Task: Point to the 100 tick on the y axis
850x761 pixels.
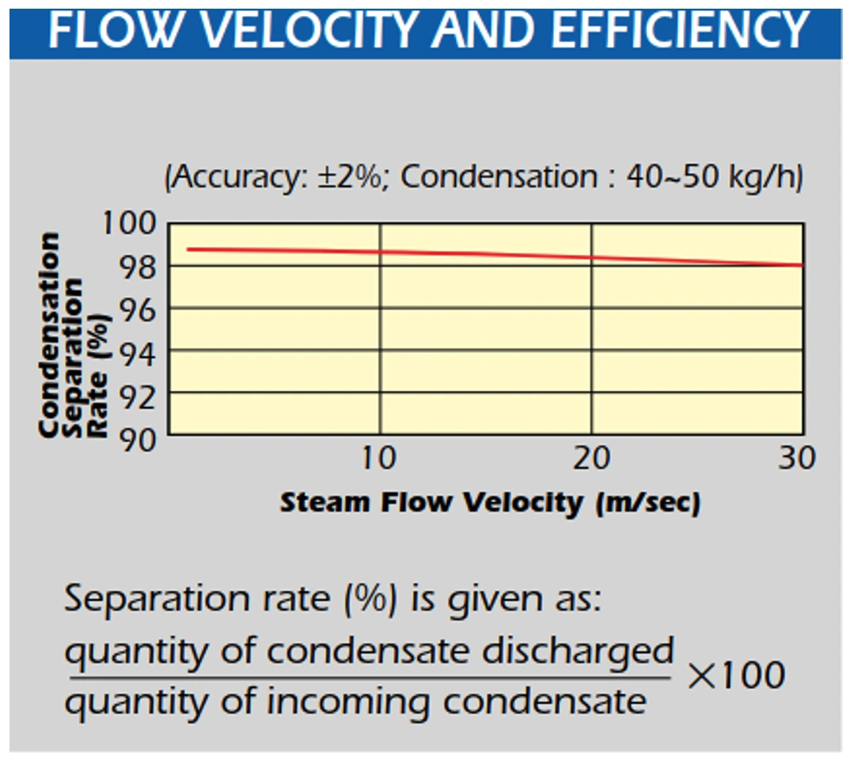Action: tap(130, 223)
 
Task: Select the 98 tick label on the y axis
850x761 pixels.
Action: tap(137, 267)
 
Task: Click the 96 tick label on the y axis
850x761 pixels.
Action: tap(137, 310)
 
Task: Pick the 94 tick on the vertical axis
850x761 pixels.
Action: tap(137, 355)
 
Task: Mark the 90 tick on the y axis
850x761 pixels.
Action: tap(137, 440)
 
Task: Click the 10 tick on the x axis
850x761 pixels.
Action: tap(379, 458)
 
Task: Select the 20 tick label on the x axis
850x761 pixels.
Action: tap(591, 458)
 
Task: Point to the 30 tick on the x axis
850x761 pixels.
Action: tap(797, 458)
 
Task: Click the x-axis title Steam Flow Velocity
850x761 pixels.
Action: tap(431, 502)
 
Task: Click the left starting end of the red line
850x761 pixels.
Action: tap(188, 249)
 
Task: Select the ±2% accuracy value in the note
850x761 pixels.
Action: tap(351, 176)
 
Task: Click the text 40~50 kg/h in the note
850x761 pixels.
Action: tap(712, 176)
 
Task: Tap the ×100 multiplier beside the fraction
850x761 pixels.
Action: tap(736, 676)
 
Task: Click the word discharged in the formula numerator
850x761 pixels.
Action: tap(578, 651)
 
